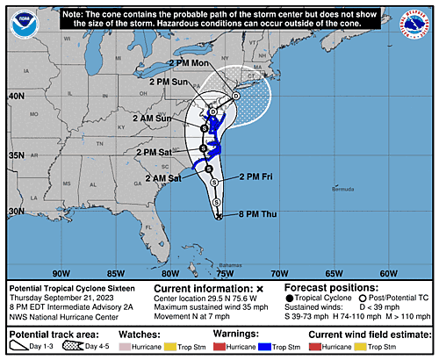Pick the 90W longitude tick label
pos(61,272)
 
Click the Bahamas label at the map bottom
pos(230,264)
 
